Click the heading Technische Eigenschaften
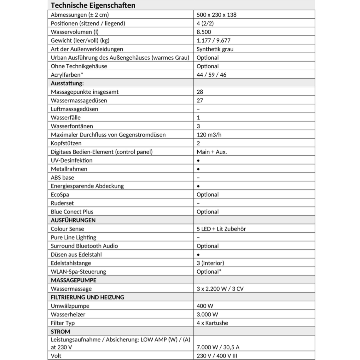coord(93,5)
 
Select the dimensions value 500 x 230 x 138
coord(216,15)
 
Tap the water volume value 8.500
coord(204,32)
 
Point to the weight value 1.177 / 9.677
coord(213,40)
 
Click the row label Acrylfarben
coord(67,75)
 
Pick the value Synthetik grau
coord(215,49)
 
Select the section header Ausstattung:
coord(67,83)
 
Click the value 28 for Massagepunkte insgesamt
coord(200,92)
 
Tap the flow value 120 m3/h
coord(209,135)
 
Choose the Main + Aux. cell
coord(212,152)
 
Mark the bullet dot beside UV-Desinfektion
coord(198,160)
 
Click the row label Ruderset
coord(62,203)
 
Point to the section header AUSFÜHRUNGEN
coord(73,220)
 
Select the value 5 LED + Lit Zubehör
coord(221,229)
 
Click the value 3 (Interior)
coord(210,263)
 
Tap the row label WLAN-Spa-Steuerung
coord(78,272)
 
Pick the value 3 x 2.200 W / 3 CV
coord(220,289)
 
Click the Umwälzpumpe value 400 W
coord(205,306)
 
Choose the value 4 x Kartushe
coord(212,323)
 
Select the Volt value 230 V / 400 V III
coord(217,356)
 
